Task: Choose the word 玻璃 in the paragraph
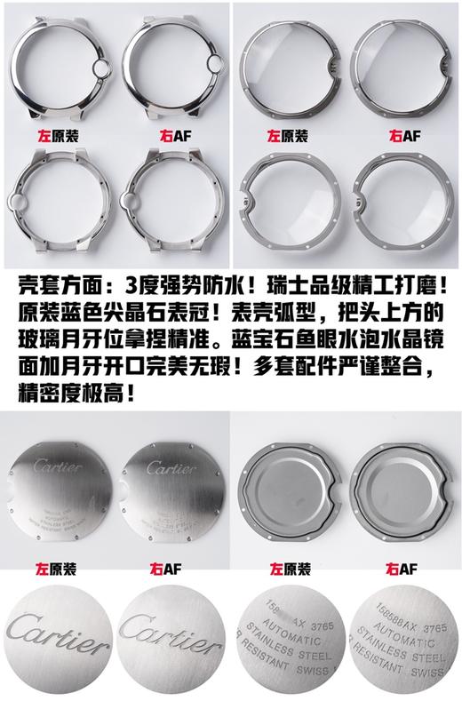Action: (32, 339)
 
